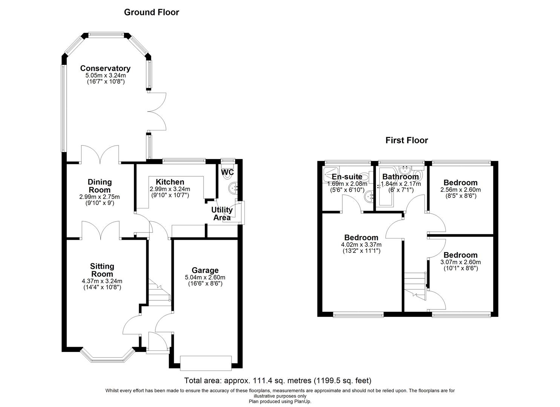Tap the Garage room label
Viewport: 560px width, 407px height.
205,270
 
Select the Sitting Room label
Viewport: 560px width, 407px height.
102,270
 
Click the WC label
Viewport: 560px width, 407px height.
227,173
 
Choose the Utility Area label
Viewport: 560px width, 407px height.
222,214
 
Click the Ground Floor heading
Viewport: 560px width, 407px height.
152,12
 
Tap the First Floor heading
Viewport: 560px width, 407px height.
407,141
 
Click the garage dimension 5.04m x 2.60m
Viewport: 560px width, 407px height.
205,277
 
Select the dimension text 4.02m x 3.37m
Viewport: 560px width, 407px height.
361,245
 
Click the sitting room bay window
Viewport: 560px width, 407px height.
107,356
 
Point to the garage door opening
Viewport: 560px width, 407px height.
206,363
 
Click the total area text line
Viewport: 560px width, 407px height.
278,381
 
